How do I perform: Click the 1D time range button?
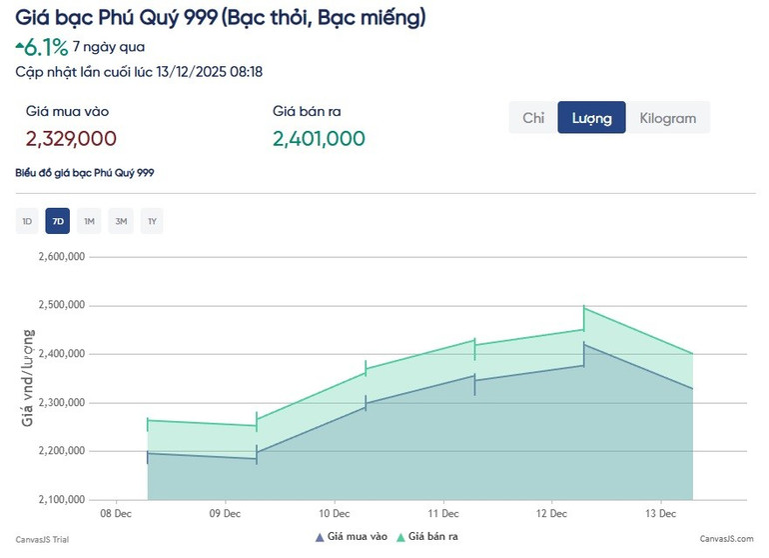tap(27, 221)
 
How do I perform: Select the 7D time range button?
tap(58, 221)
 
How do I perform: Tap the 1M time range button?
tap(89, 221)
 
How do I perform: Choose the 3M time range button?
tap(121, 221)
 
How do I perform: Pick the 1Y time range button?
tap(152, 221)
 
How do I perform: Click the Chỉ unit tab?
tap(533, 118)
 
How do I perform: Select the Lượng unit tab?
tap(591, 118)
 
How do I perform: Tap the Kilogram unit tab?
tap(667, 118)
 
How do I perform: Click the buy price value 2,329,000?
tap(71, 139)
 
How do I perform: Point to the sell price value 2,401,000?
tap(319, 139)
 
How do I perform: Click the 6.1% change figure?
tap(46, 47)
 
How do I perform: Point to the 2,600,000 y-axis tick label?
tap(61, 257)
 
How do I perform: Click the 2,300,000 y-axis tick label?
tap(61, 403)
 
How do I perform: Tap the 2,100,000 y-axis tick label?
tap(61, 500)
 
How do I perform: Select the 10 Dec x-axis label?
tap(334, 515)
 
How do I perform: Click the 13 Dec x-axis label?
tap(661, 515)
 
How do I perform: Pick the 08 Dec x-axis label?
tap(116, 515)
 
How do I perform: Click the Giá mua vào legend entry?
tap(351, 537)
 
